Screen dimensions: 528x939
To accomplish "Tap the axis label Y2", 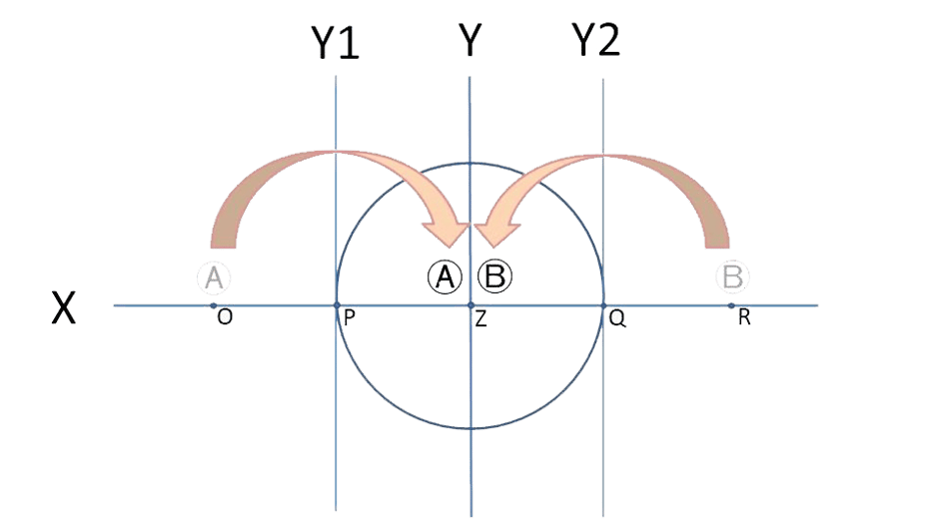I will pos(595,40).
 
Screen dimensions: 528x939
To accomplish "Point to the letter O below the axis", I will pos(225,316).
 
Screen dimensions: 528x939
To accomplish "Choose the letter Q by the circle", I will pos(617,317).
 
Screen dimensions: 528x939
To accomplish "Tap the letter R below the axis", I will pos(745,317).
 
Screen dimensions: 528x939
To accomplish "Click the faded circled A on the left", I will pos(213,277).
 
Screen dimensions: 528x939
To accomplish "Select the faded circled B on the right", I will pos(734,277).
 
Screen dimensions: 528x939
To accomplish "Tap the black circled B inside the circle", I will pos(495,276).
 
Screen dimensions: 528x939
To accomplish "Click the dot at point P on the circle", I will pos(337,303).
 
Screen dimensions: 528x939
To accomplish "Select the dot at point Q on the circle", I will pos(602,303).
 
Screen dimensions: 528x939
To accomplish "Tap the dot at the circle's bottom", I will pos(469,430).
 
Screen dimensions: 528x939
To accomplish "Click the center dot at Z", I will pos(469,303).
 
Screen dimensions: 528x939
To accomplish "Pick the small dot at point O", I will pos(213,303).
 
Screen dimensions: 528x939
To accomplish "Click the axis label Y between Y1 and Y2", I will pos(469,42).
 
